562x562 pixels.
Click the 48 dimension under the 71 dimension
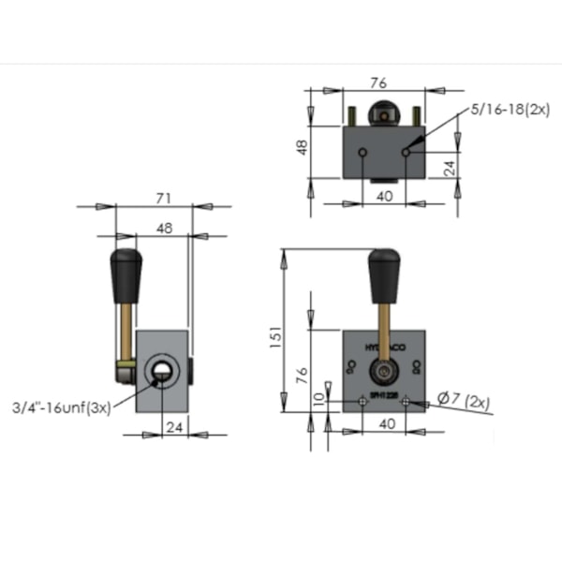click(x=162, y=227)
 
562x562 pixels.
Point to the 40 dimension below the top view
click(x=385, y=198)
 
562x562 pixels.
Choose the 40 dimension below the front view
click(x=385, y=424)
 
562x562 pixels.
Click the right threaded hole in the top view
click(x=405, y=152)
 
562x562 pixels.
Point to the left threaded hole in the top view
click(x=362, y=152)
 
